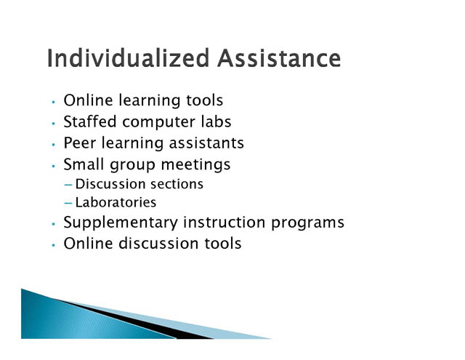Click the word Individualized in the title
(x=128, y=58)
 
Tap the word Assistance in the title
(x=279, y=58)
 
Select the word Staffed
(x=90, y=121)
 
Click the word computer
(x=158, y=122)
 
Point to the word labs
(x=216, y=121)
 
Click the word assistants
(x=206, y=143)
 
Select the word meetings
(x=195, y=164)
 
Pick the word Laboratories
(x=116, y=202)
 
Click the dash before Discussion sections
(x=68, y=185)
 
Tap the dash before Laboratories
(x=68, y=204)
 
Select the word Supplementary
(x=121, y=223)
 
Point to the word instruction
(x=225, y=223)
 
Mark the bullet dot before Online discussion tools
(x=53, y=245)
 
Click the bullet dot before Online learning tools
(x=53, y=102)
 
